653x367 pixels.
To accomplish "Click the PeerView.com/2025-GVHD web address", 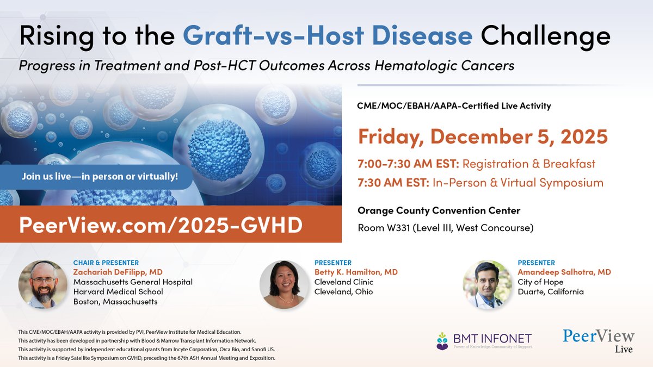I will tap(161, 225).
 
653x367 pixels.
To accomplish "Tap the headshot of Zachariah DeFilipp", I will tap(43, 284).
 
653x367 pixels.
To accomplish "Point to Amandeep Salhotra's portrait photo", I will tap(484, 284).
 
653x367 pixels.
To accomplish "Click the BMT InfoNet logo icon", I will tap(442, 341).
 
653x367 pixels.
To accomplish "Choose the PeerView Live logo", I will tap(598, 340).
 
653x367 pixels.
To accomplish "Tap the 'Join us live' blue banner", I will tap(100, 177).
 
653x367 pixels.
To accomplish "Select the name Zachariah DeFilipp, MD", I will tap(118, 272).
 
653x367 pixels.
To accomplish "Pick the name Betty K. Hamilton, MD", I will tap(356, 272).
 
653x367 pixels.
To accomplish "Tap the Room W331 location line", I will tap(445, 227).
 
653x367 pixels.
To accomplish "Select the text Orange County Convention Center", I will tap(439, 210).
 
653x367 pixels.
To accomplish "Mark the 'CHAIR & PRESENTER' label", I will tap(106, 263).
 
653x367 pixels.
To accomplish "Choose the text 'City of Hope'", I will tap(540, 282).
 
